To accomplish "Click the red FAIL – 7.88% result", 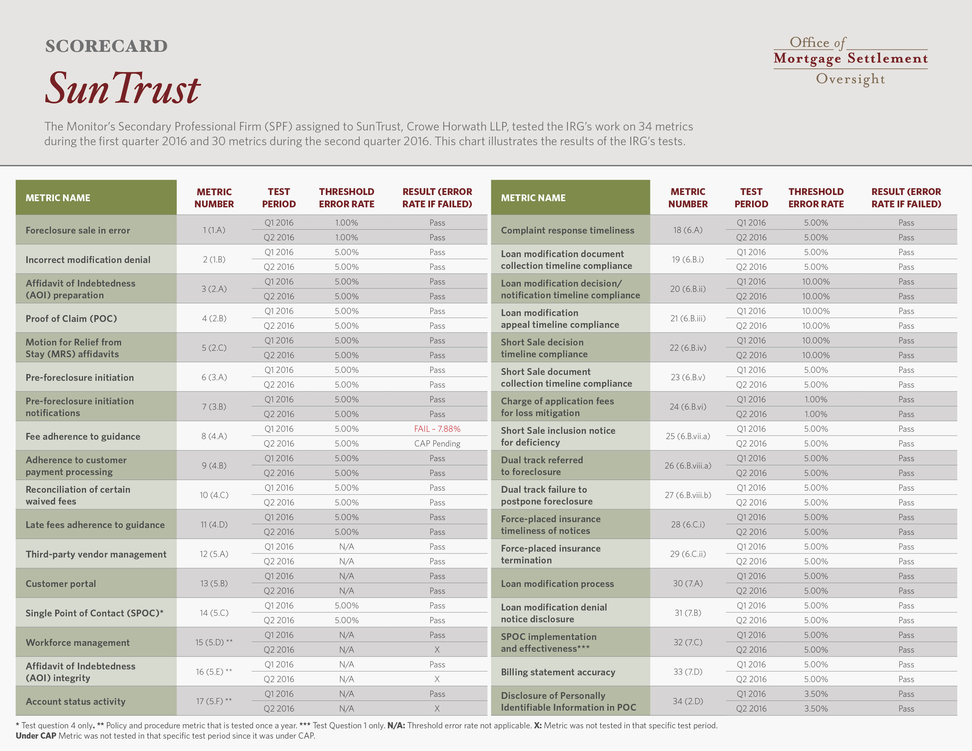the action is [437, 429].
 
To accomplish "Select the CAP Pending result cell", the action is [437, 444].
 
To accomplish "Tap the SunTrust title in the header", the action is [123, 88].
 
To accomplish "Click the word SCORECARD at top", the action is [106, 46].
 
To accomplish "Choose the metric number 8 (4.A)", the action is [214, 436].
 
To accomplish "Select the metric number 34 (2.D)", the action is [687, 701].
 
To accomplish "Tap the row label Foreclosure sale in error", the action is [78, 231].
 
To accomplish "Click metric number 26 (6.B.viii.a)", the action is [687, 465].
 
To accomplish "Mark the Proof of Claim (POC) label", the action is [71, 319].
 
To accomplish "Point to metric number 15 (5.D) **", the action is [214, 642].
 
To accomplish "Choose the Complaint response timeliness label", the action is [568, 231].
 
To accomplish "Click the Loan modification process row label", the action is [557, 584].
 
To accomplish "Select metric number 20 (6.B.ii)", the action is [687, 289].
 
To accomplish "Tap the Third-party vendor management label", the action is [96, 554].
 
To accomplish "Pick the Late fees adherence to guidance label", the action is [95, 525].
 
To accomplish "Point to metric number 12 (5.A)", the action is [214, 554].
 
